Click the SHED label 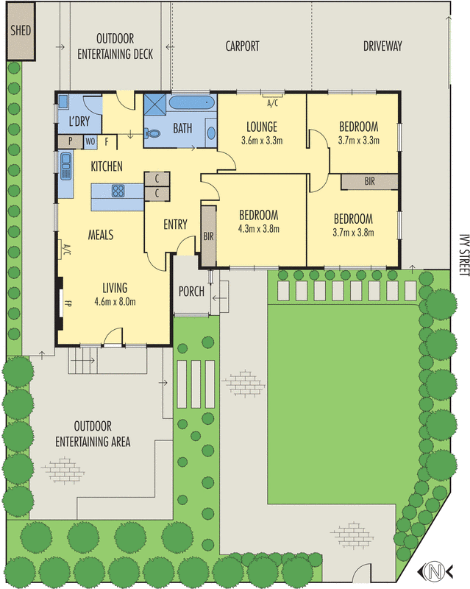[21, 30]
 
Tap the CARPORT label [242, 46]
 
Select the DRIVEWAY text [382, 46]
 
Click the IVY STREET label [464, 255]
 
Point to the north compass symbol [435, 571]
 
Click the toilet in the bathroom [152, 133]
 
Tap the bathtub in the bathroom [192, 102]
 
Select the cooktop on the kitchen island [118, 191]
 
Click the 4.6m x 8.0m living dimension [115, 302]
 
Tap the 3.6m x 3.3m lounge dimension [262, 141]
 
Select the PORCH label [191, 291]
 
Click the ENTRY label [175, 225]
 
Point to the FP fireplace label [68, 303]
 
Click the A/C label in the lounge [273, 103]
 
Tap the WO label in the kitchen [90, 141]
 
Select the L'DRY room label [79, 121]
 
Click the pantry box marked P [70, 141]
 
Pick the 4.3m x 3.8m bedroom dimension [259, 229]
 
